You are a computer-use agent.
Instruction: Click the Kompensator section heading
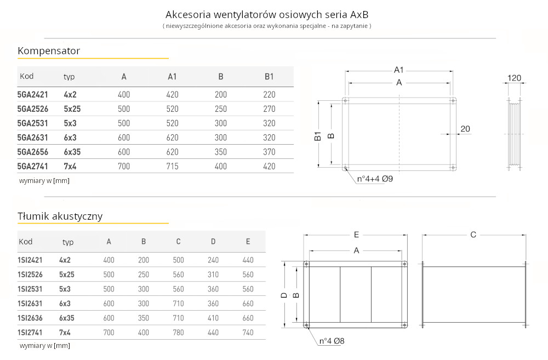click(49, 51)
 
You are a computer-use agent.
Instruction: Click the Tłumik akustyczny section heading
click(60, 216)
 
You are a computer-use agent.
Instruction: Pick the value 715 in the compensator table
click(172, 166)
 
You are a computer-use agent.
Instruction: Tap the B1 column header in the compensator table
click(269, 77)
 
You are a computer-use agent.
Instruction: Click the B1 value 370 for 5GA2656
click(269, 152)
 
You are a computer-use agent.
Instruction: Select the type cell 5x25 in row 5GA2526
click(72, 108)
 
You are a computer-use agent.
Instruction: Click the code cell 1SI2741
click(30, 332)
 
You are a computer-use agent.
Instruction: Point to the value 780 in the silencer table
click(178, 332)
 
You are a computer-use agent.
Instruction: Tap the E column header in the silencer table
click(248, 242)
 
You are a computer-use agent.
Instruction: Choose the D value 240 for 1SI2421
click(213, 260)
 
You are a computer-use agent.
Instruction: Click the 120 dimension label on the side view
click(514, 78)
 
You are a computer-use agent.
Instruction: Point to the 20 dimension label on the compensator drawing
click(465, 129)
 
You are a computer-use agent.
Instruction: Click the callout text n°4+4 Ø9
click(375, 179)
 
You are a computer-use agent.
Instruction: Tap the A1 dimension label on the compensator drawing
click(399, 70)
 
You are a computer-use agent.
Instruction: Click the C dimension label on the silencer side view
click(473, 235)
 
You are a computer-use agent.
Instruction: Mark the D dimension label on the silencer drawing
click(283, 295)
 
